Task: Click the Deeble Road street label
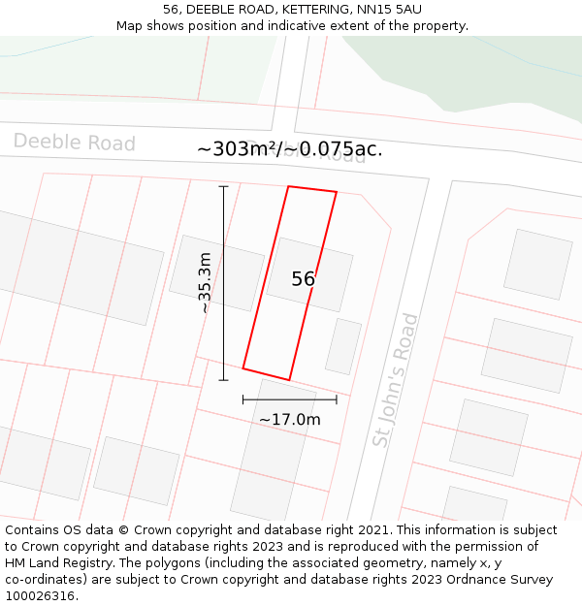point(75,143)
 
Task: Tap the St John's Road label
point(395,380)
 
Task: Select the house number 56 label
point(303,279)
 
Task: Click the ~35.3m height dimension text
point(205,283)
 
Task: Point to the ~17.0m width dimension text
point(289,420)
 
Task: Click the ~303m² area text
point(239,149)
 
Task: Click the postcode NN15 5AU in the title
point(389,10)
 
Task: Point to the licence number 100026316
point(41,596)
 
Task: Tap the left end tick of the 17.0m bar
point(242,399)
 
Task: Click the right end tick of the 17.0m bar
point(337,399)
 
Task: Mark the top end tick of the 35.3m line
point(223,186)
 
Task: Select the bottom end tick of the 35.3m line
point(223,379)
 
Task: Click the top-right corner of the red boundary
point(337,192)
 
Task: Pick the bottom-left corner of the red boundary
point(242,368)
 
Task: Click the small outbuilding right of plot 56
point(343,346)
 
